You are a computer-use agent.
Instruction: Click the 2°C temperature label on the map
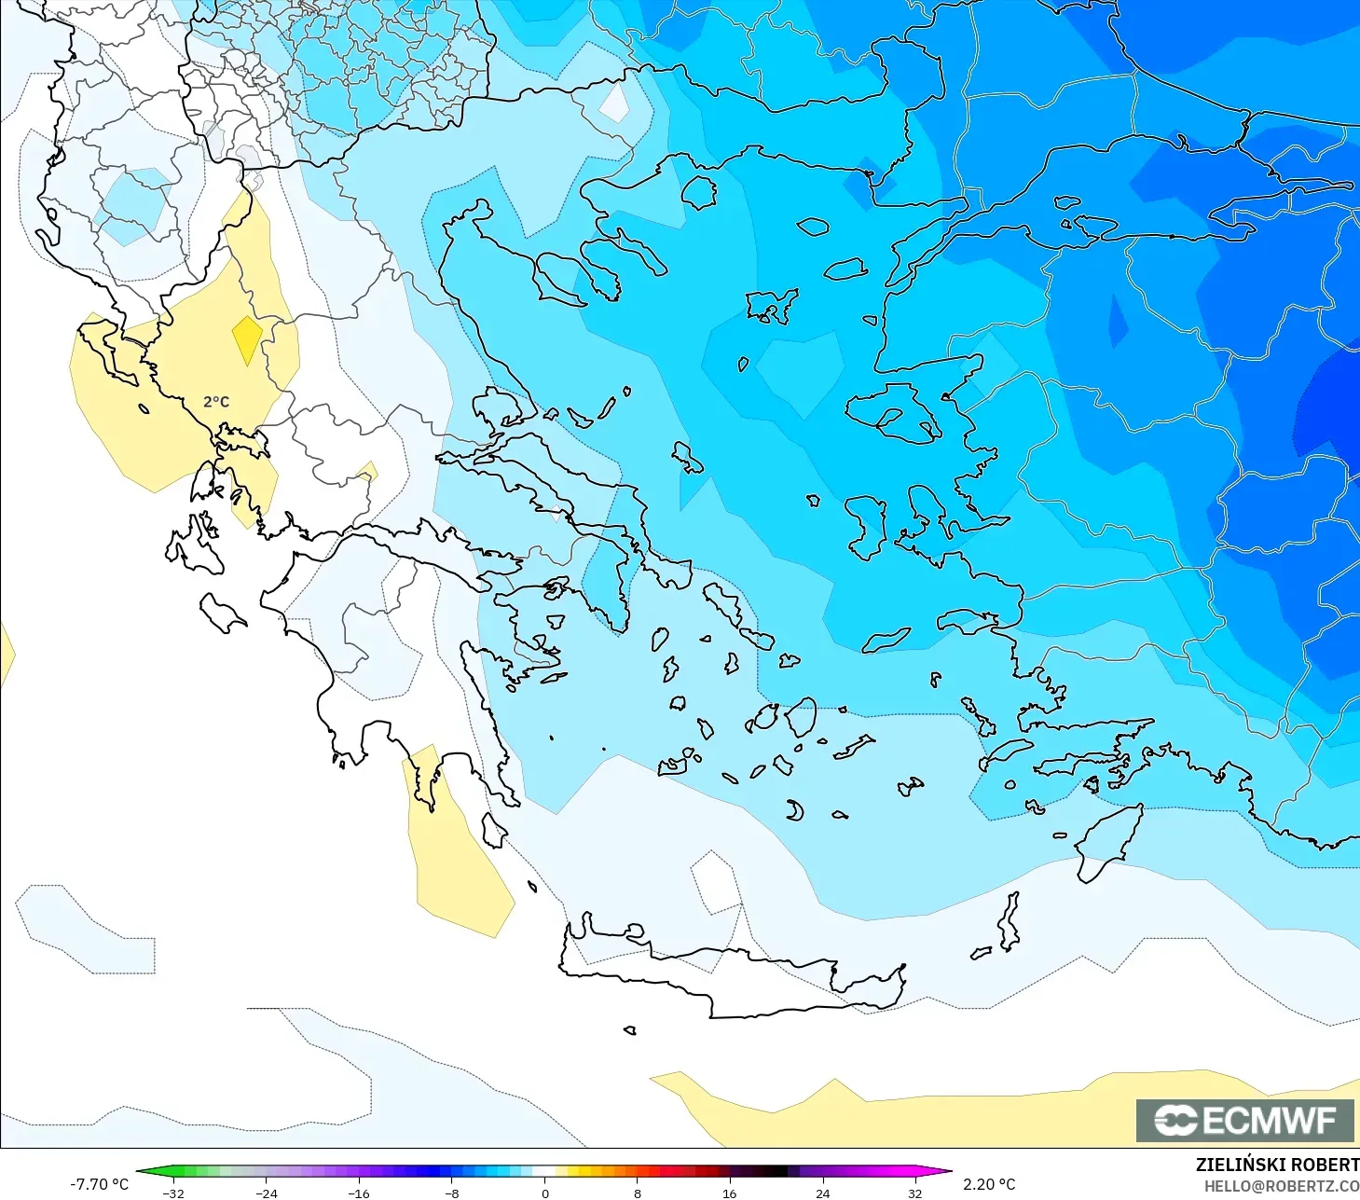[216, 402]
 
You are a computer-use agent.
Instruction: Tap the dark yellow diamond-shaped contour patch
[247, 339]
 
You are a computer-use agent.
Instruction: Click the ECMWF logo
[1244, 1120]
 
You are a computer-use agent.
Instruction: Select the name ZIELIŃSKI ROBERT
[1277, 1165]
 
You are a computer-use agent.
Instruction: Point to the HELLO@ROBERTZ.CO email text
[1281, 1186]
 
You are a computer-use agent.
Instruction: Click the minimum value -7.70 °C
[99, 1184]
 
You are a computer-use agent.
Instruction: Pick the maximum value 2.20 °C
[989, 1184]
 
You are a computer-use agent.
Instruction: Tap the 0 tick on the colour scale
[545, 1193]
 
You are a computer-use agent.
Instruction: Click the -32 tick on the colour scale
[173, 1193]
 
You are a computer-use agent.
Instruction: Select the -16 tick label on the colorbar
[359, 1193]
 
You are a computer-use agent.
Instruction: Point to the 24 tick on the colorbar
[822, 1193]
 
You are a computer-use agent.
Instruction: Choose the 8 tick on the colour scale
[638, 1193]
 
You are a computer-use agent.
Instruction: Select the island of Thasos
[698, 192]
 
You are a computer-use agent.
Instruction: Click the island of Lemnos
[771, 305]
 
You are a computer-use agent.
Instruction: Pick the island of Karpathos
[1009, 921]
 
